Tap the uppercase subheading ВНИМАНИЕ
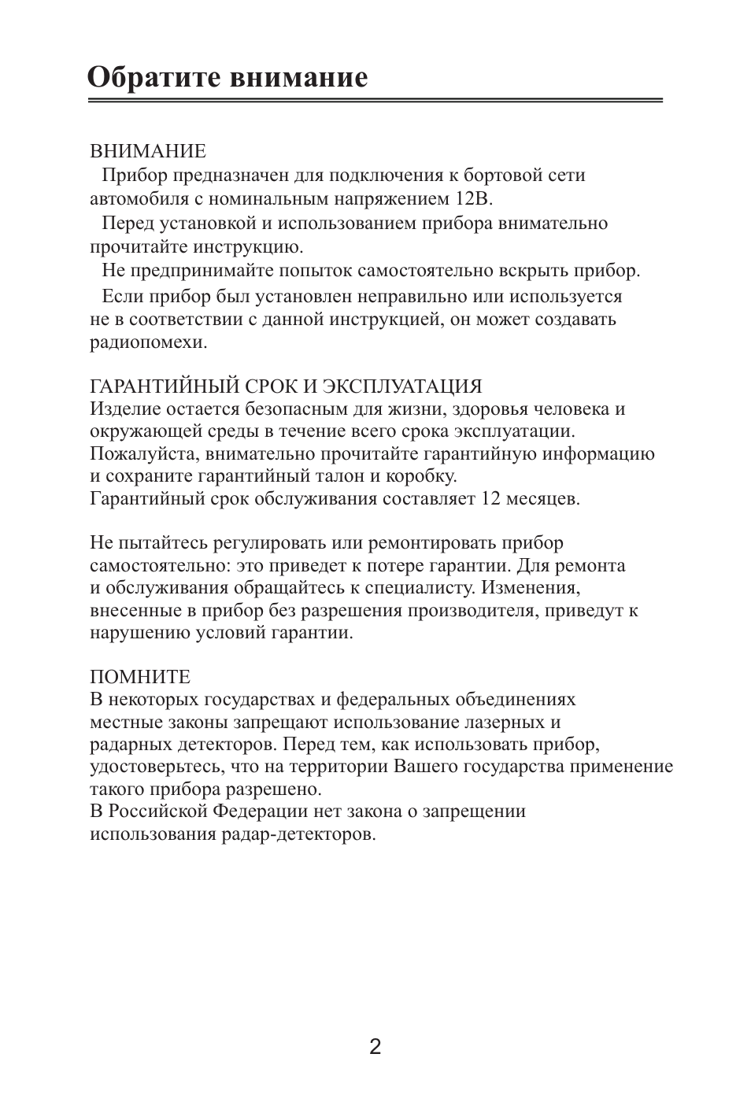coord(148,150)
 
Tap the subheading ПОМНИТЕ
coord(140,677)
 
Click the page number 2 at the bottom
coord(375,1047)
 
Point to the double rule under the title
coord(375,102)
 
